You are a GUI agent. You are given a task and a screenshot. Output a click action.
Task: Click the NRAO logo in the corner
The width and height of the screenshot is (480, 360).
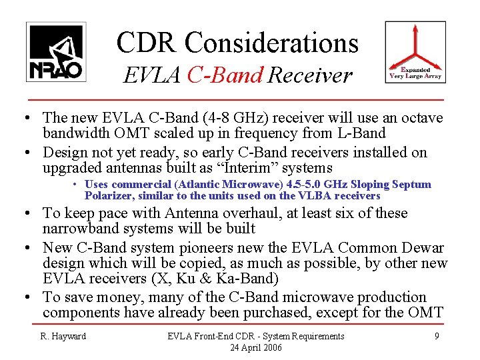[x=56, y=52]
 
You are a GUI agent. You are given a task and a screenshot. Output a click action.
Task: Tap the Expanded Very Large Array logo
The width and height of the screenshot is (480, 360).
[x=415, y=52]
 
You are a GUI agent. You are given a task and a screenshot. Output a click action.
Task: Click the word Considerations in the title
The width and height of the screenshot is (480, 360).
[x=272, y=43]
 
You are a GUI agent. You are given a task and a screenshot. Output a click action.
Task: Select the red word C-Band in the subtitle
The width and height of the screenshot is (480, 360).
[x=225, y=75]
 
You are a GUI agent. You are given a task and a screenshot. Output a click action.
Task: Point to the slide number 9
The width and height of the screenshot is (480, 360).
[x=437, y=336]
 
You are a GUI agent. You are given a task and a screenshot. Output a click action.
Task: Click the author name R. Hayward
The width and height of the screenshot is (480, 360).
[x=64, y=336]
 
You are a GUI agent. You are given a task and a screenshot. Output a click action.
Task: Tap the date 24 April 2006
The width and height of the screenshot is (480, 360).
[x=256, y=347]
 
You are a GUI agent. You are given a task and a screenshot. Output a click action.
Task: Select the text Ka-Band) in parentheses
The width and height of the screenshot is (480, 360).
[x=250, y=278]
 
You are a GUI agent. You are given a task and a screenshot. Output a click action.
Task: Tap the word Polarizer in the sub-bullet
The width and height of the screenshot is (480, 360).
[x=109, y=196]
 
